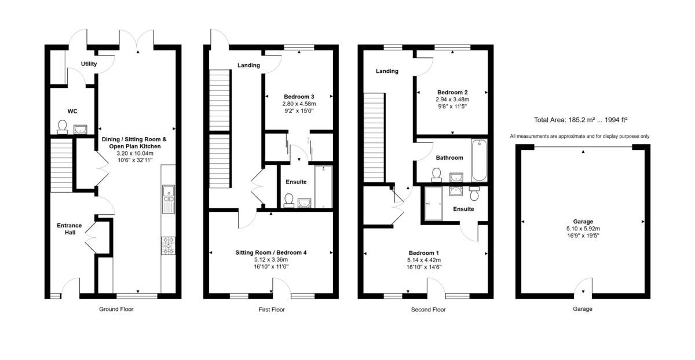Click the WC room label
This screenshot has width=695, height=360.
pos(72,111)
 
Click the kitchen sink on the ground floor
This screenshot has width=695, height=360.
pos(169,194)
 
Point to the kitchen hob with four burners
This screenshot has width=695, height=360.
pos(169,245)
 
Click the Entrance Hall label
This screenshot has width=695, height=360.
pos(69,229)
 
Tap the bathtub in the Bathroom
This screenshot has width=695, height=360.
pos(480,160)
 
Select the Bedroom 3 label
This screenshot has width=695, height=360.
pos(299,97)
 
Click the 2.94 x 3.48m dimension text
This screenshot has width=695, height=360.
pos(452,100)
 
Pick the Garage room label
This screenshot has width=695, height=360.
pos(583,222)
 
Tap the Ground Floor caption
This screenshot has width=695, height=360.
pos(116,309)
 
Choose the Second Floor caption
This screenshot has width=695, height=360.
pos(429,310)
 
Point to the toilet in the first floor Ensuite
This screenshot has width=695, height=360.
pos(288,200)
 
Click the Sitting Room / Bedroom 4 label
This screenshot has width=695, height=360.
pos(270,252)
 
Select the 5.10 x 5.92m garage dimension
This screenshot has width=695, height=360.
pos(583,229)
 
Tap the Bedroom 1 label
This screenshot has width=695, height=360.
pos(424,253)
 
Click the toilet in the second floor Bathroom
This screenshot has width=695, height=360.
pos(437,174)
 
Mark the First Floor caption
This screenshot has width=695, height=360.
pos(271,310)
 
